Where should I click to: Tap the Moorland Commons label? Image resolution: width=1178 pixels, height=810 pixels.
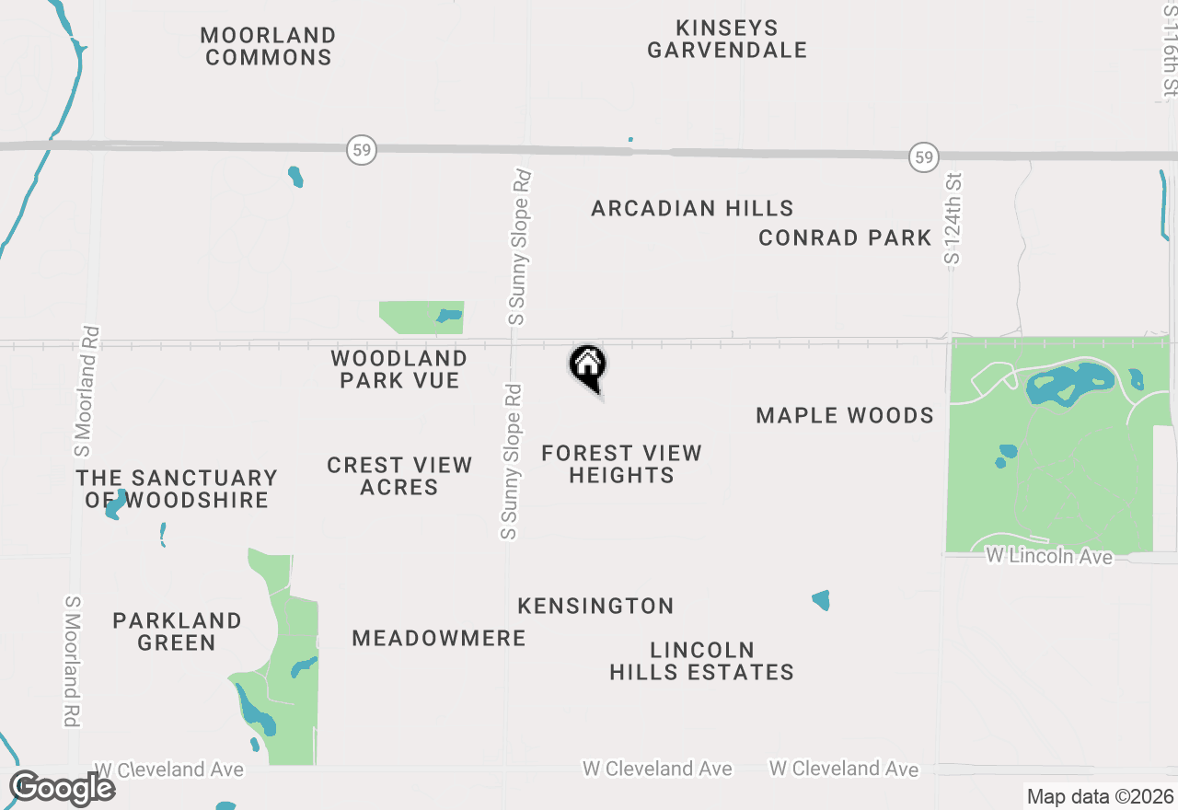[268, 46]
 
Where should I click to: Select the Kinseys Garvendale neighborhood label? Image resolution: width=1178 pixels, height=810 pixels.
[727, 39]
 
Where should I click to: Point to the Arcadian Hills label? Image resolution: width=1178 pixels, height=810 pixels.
[692, 208]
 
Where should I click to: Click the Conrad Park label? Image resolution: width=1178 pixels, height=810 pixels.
[845, 237]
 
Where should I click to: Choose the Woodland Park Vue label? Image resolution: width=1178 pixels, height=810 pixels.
[399, 368]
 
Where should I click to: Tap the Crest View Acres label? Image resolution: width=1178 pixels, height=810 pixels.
[399, 476]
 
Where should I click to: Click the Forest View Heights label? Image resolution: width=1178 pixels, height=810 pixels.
[621, 464]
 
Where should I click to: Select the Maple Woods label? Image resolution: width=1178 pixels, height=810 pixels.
[845, 416]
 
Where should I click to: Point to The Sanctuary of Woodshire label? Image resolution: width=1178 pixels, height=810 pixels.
[177, 489]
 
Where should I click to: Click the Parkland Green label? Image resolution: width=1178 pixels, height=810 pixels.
[177, 631]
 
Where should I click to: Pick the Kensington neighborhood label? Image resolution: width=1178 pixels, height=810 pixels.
[595, 606]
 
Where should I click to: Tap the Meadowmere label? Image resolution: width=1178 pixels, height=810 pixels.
[439, 638]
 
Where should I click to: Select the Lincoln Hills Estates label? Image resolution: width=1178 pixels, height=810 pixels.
[701, 661]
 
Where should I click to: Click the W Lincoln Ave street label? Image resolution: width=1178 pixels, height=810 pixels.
[1048, 556]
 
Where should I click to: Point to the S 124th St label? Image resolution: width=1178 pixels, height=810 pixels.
[953, 219]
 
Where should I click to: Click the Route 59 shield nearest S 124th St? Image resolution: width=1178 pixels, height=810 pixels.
[923, 156]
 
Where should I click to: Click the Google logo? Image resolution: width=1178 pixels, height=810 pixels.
[62, 788]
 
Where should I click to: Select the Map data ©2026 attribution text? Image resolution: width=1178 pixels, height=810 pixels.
[1100, 796]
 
